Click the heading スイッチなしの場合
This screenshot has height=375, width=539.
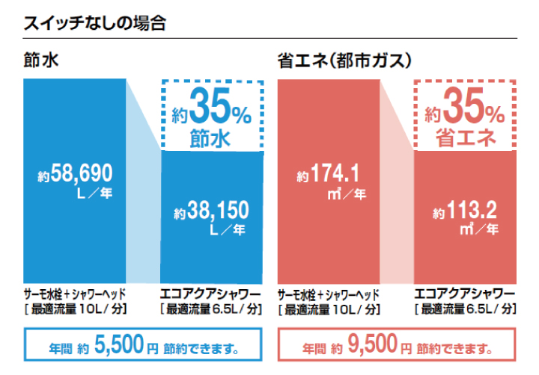pyautogui.click(x=94, y=22)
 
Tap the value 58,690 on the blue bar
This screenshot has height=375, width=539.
pyautogui.click(x=82, y=175)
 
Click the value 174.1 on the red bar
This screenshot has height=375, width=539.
pyautogui.click(x=336, y=175)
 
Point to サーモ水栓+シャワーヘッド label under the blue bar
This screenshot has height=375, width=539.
pyautogui.click(x=74, y=293)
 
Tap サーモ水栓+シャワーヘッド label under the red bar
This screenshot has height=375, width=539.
pyautogui.click(x=328, y=293)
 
